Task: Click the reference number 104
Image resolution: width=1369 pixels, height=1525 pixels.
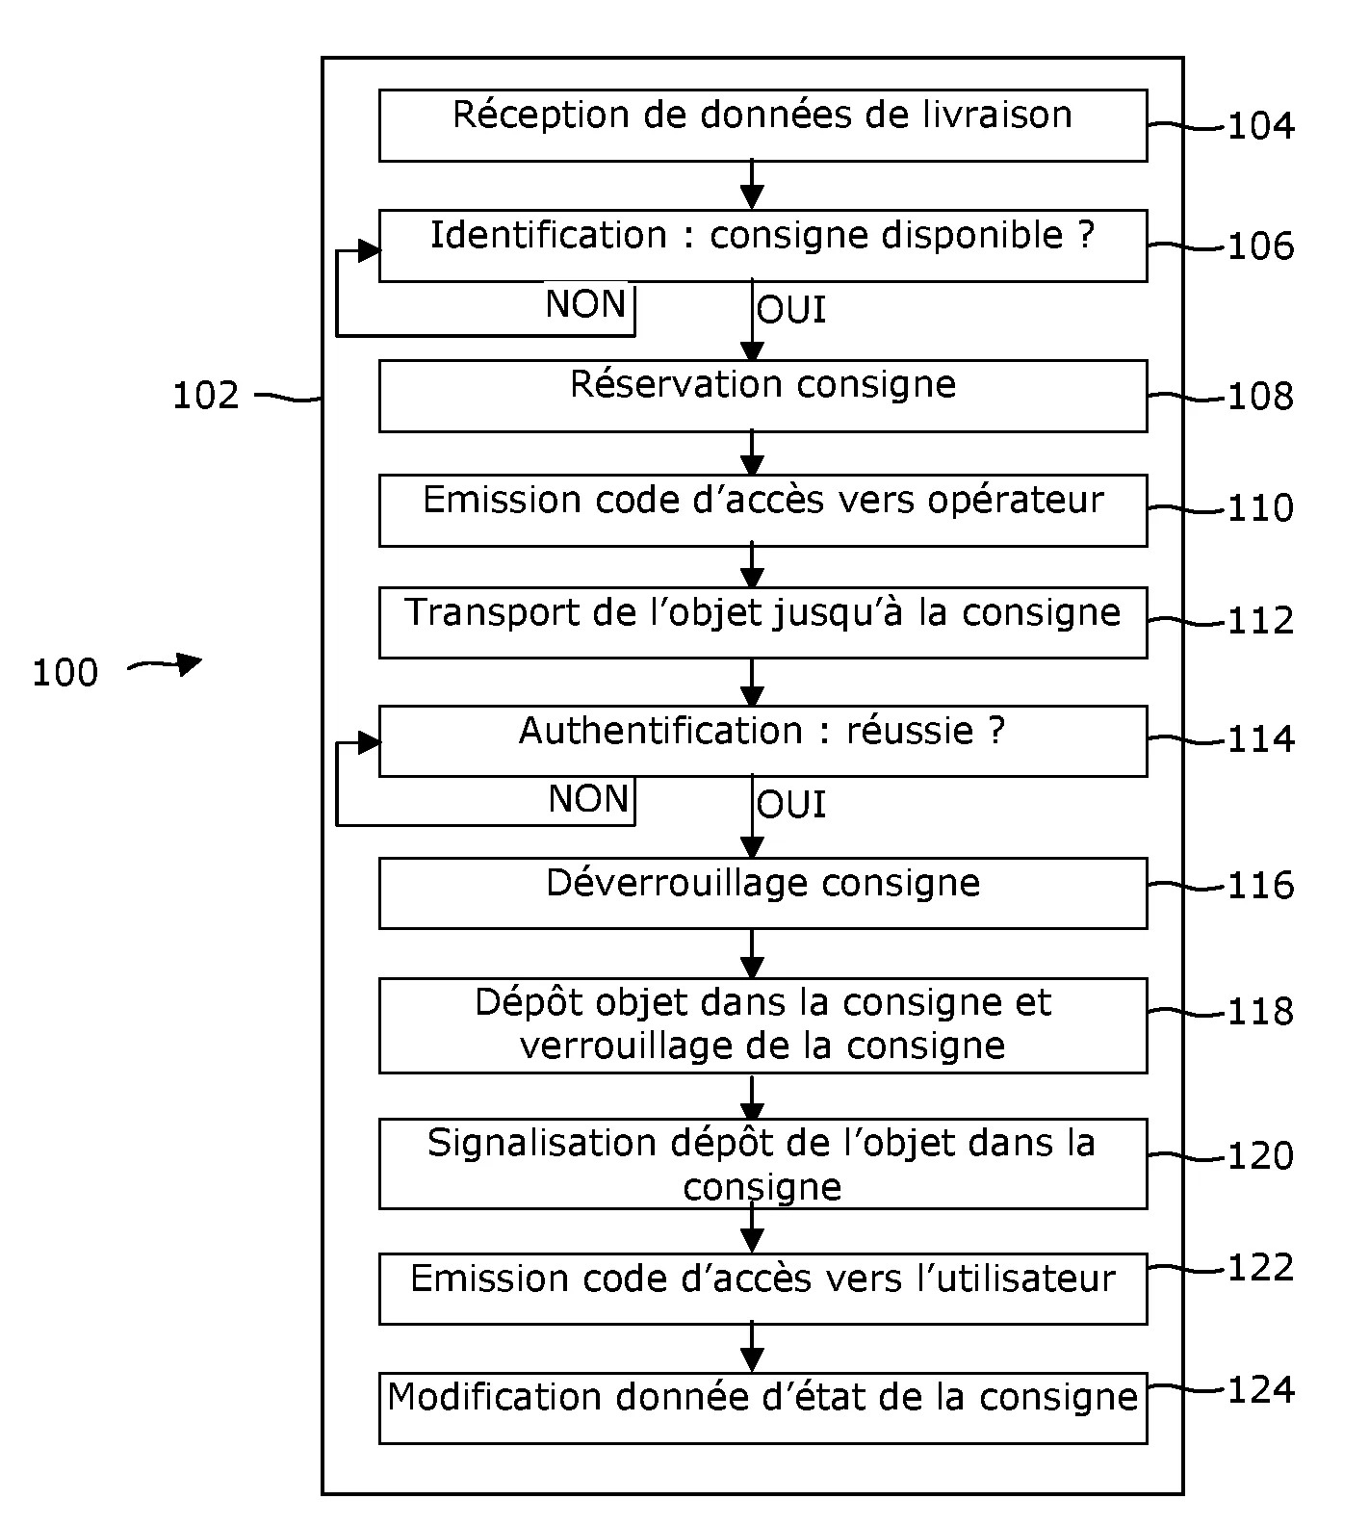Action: (1260, 126)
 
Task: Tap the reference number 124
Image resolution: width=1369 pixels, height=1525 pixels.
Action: (1260, 1390)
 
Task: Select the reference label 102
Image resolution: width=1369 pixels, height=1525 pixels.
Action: (205, 396)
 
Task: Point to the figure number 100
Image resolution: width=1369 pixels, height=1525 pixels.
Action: (65, 673)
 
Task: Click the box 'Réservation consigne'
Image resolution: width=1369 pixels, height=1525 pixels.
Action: (762, 396)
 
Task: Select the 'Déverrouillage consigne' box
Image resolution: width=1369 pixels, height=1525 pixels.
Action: (762, 893)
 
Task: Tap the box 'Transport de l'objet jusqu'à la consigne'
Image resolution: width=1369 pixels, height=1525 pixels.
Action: (762, 623)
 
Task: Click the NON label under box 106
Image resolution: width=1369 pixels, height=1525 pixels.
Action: (585, 304)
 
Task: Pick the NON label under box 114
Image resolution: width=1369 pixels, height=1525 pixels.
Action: (588, 799)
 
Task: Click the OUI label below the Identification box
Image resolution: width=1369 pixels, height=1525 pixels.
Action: (791, 310)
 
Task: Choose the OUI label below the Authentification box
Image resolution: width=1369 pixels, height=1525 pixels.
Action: (791, 805)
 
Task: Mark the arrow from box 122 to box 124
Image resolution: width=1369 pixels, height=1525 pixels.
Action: (752, 1348)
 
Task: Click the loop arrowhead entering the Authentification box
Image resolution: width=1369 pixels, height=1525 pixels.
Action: (369, 742)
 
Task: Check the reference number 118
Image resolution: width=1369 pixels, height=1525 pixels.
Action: (1260, 1012)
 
